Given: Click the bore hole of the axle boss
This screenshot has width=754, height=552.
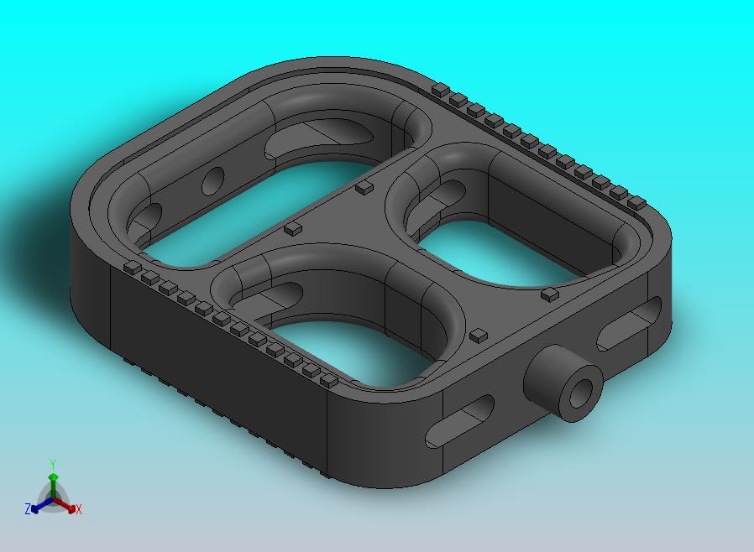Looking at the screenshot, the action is coord(581,393).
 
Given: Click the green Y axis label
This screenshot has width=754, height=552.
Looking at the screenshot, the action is coord(53,464).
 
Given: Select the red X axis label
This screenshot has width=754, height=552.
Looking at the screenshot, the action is coord(79,510).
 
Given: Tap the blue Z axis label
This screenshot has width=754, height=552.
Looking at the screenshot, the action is coord(28,508).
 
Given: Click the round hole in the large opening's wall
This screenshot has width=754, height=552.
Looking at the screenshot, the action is coord(213,181).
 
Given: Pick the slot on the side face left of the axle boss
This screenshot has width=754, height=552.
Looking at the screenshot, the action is coord(459,420).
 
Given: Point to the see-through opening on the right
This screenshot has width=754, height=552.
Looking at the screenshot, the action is coord(500,253).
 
